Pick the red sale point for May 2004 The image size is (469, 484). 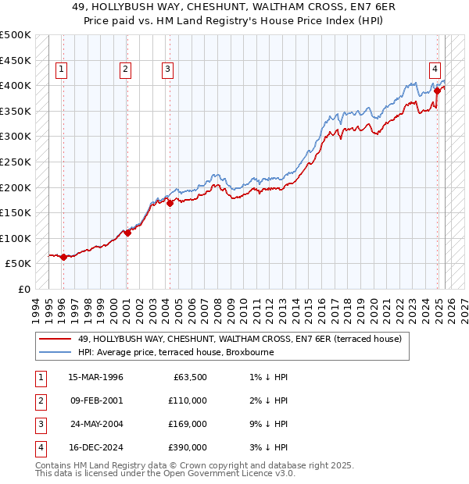tap(170, 203)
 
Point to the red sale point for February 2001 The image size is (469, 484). tap(127, 233)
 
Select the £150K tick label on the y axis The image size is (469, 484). tap(16, 212)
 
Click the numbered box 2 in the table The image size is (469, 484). tap(39, 400)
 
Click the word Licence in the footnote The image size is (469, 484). tap(246, 473)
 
